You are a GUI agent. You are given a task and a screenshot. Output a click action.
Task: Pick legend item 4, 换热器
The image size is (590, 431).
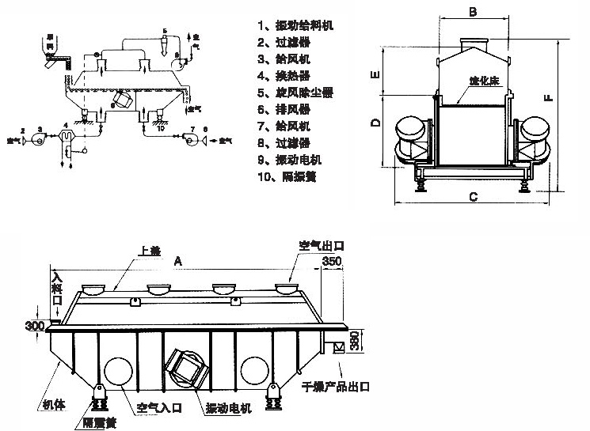[x=284, y=75]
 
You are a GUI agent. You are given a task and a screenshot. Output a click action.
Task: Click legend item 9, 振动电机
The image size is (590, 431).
[x=289, y=160]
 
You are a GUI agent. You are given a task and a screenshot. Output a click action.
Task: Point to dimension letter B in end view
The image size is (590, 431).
[x=472, y=11]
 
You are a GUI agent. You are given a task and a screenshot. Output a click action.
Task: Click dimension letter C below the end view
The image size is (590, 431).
[x=471, y=196]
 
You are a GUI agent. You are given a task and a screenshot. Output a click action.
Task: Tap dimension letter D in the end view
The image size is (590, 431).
[x=377, y=123]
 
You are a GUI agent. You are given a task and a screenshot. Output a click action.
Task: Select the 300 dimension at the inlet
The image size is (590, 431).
[x=35, y=326]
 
